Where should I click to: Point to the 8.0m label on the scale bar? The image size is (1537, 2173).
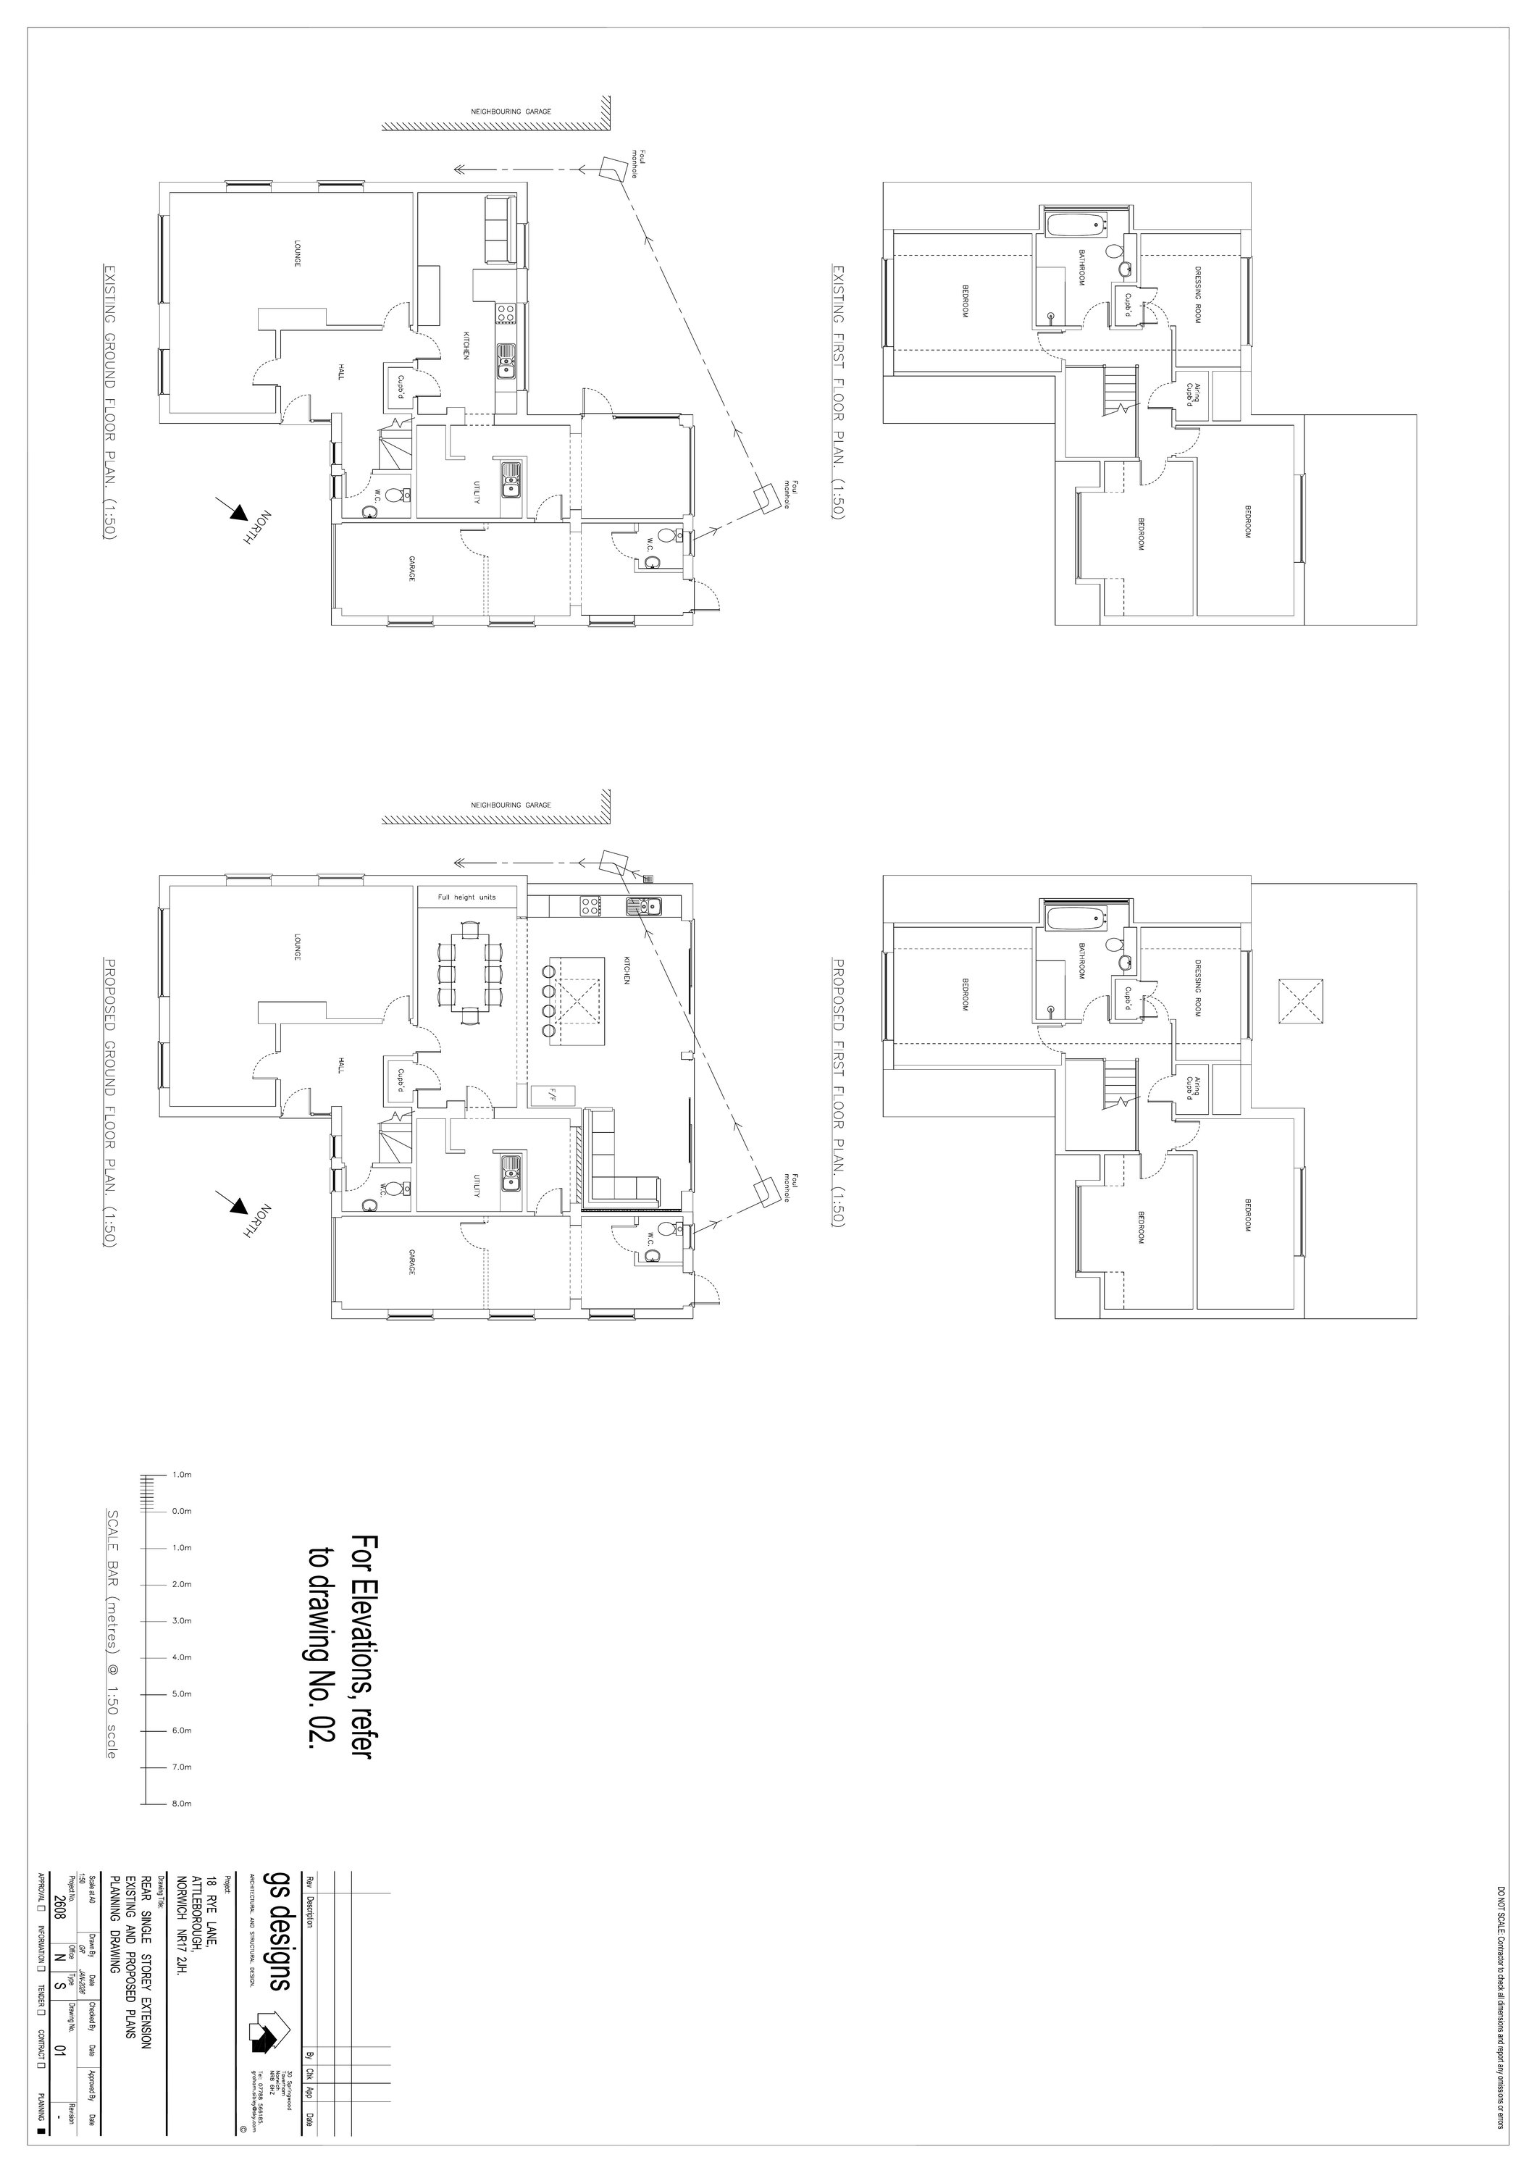182,1804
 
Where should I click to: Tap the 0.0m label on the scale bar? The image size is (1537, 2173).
182,1512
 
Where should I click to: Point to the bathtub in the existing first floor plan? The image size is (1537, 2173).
1076,226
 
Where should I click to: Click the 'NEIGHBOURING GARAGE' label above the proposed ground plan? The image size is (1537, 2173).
511,805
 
